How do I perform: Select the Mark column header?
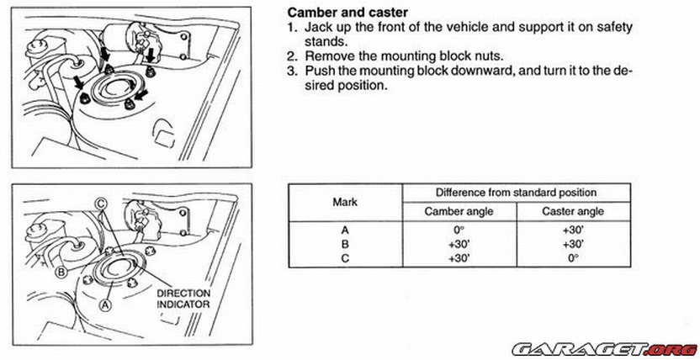pyautogui.click(x=346, y=202)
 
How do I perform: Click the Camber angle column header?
pyautogui.click(x=459, y=211)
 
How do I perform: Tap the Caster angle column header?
pyautogui.click(x=575, y=211)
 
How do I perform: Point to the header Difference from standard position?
pyautogui.click(x=517, y=192)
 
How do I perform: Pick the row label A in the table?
pyautogui.click(x=345, y=230)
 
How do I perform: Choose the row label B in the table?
pyautogui.click(x=345, y=244)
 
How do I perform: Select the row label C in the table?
pyautogui.click(x=345, y=258)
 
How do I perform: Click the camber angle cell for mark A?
pyautogui.click(x=459, y=230)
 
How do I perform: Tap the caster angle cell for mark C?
pyautogui.click(x=574, y=258)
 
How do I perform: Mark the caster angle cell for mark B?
pyautogui.click(x=574, y=244)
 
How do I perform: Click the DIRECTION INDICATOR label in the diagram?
pyautogui.click(x=184, y=299)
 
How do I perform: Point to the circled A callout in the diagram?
pyautogui.click(x=105, y=307)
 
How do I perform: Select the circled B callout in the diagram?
pyautogui.click(x=61, y=272)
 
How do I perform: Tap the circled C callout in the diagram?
pyautogui.click(x=100, y=203)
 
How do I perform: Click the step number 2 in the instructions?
pyautogui.click(x=291, y=56)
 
